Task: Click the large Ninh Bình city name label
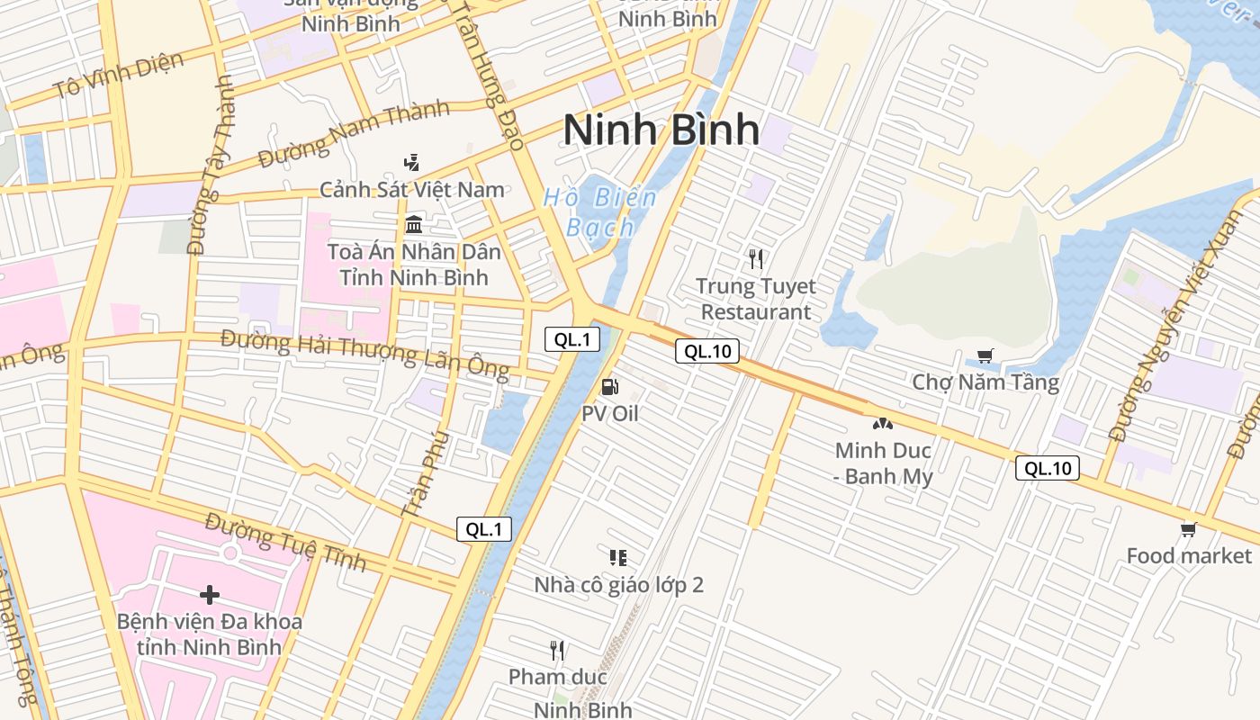tap(661, 130)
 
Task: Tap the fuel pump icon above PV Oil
tap(609, 388)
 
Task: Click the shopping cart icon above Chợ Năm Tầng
tap(985, 356)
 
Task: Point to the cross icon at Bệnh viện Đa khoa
tap(210, 595)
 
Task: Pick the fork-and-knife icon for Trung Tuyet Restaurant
tap(756, 259)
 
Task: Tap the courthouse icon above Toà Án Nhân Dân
tap(414, 224)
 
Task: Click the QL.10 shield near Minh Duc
tap(1048, 468)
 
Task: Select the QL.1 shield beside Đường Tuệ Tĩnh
tap(484, 529)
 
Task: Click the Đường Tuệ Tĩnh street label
tap(285, 542)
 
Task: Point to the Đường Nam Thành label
tap(354, 134)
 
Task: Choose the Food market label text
tap(1189, 556)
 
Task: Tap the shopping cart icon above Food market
tap(1189, 530)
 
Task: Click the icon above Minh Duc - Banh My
tap(882, 423)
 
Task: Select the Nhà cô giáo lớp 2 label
tap(619, 585)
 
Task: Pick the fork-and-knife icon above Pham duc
tap(557, 650)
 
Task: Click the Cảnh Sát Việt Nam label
tap(412, 190)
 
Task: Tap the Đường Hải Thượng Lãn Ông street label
tap(364, 354)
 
